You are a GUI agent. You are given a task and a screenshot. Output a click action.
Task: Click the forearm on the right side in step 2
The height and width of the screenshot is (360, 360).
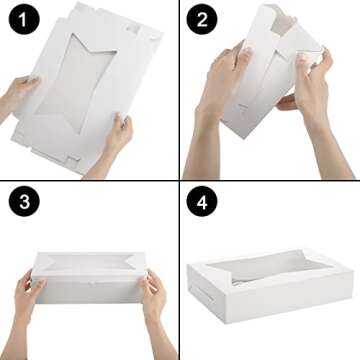click(x=336, y=150)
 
